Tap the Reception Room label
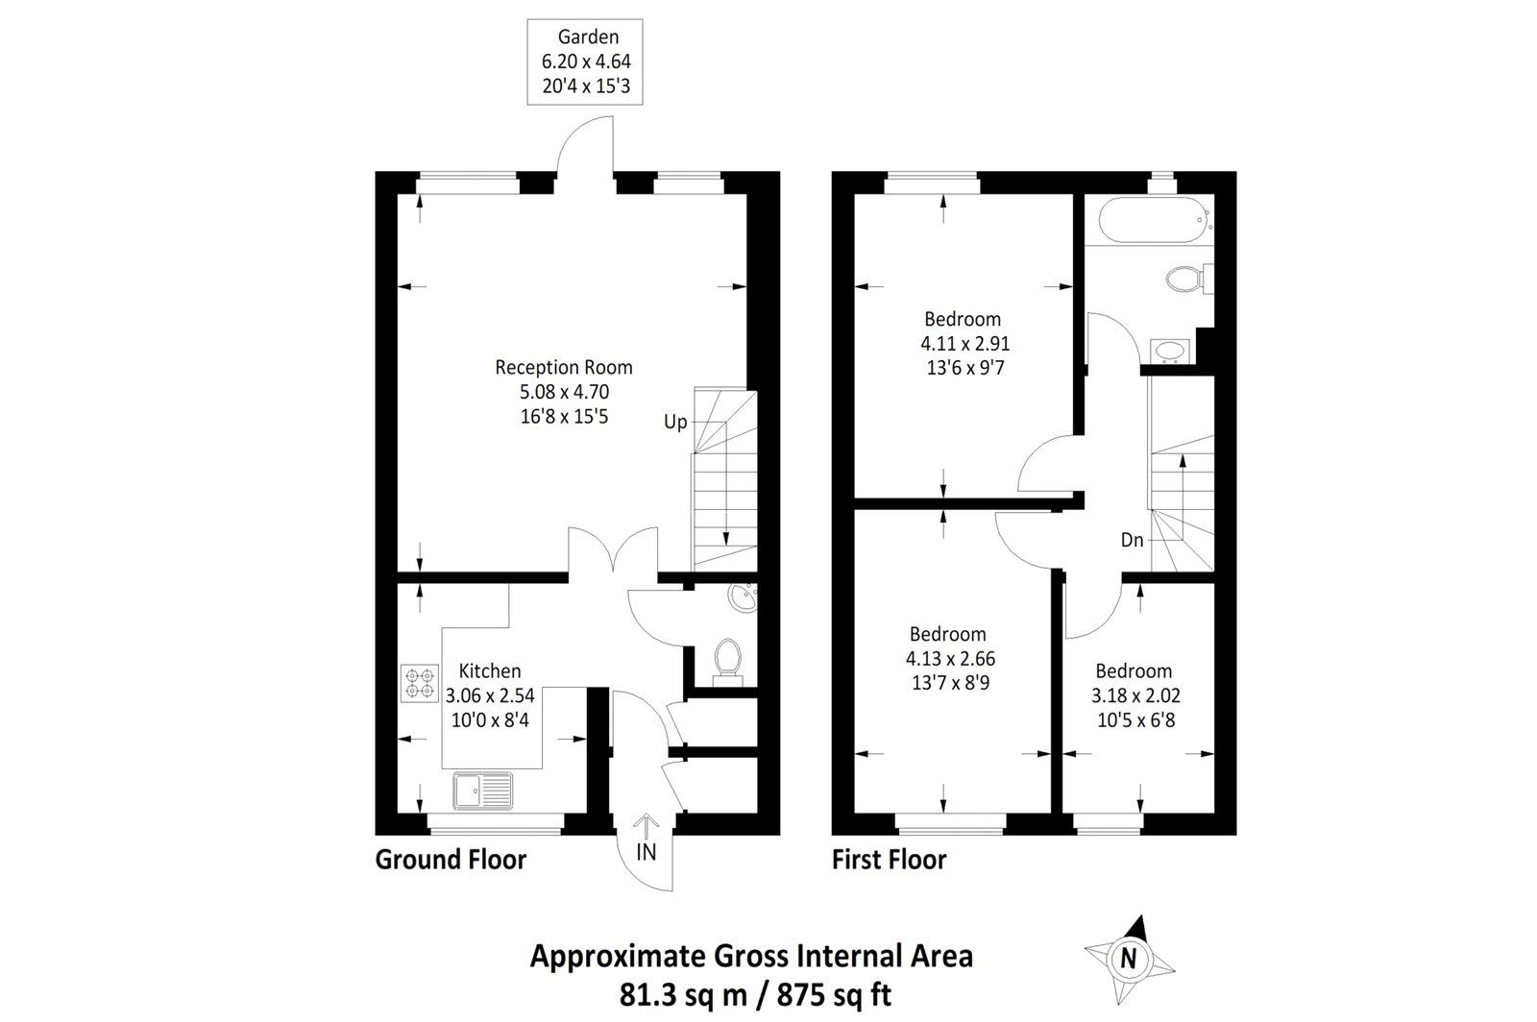click(564, 391)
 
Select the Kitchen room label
click(490, 694)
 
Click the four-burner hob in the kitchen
click(419, 682)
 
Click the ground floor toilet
click(727, 661)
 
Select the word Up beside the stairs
click(675, 422)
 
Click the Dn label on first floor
click(1132, 540)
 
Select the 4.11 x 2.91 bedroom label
click(964, 343)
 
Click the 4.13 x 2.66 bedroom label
click(949, 658)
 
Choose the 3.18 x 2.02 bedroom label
click(1134, 694)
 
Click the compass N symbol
click(1129, 957)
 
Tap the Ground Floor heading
click(451, 859)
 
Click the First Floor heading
click(889, 859)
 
